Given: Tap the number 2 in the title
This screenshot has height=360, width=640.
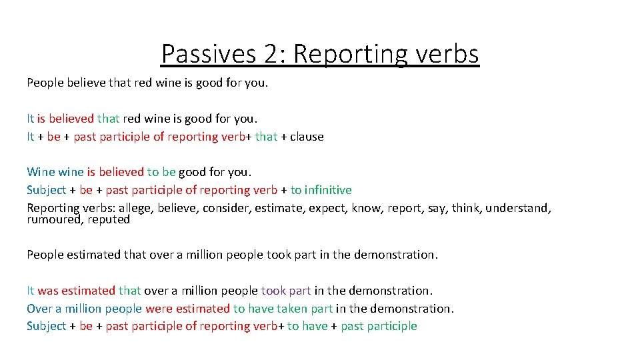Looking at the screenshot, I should coord(271,53).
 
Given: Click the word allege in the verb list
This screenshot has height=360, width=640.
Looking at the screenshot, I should coord(135,208).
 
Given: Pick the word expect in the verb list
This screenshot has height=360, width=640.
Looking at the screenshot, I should coord(327,208).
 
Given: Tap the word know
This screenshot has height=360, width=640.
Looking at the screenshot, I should coord(367,208).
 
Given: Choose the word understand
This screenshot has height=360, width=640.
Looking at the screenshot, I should coord(516,208).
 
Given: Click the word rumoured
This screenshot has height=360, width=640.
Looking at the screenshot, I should coord(54,219).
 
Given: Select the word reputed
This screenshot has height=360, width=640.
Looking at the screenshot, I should coord(109,219).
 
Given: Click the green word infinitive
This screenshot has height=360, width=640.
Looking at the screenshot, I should coord(327,190).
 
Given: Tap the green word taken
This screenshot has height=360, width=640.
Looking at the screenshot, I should coord(289,309).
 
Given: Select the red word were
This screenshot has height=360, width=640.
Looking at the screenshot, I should coord(158,309).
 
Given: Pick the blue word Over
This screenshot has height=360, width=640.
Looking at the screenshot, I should coord(39,309).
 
